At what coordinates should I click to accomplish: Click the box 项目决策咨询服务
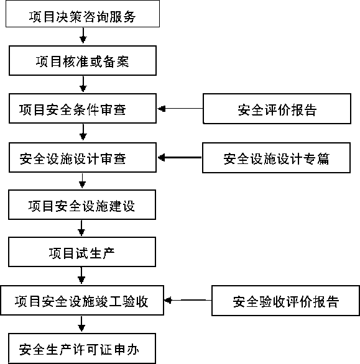[83, 14]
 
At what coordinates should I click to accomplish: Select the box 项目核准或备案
[83, 61]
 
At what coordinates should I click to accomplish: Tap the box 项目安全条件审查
[83, 109]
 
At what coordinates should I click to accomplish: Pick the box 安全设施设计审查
[83, 157]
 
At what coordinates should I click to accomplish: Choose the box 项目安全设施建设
[82, 205]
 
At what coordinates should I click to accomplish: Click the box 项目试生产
[82, 252]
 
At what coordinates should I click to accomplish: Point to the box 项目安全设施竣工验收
[82, 301]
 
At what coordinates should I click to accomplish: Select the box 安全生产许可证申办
[82, 348]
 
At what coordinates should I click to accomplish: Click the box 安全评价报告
[277, 109]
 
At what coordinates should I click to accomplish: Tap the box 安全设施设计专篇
[276, 158]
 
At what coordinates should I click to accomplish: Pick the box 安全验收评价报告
[285, 301]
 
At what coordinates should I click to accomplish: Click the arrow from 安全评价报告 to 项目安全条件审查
[180, 109]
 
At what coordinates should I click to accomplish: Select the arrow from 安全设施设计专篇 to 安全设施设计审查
[180, 157]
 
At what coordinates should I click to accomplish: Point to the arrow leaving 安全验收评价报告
[188, 300]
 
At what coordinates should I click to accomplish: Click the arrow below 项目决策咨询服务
[83, 35]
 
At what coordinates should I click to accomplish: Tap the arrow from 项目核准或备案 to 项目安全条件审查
[83, 84]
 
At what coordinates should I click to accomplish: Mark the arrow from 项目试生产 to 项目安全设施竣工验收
[81, 275]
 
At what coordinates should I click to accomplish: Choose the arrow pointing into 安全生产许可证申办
[81, 324]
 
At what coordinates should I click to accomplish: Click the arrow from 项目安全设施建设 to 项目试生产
[81, 228]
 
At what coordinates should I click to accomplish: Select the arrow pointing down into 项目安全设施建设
[82, 181]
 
